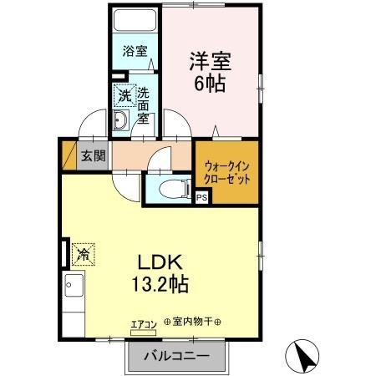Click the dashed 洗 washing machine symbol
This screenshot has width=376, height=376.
[123, 96]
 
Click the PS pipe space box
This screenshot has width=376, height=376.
[201, 198]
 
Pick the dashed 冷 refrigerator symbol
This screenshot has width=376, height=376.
[83, 250]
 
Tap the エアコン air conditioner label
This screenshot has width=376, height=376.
[144, 322]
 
